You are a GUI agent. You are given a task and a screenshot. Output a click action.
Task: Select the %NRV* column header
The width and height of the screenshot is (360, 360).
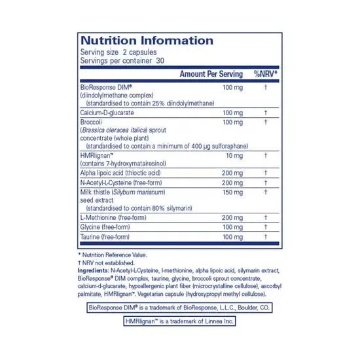(266, 74)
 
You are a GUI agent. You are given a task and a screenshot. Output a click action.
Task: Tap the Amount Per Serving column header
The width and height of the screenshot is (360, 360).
(211, 74)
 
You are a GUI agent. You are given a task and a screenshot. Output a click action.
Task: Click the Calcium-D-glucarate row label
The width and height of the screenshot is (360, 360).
(108, 113)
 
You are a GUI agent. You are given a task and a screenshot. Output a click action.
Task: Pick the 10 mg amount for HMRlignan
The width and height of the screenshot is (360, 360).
(233, 156)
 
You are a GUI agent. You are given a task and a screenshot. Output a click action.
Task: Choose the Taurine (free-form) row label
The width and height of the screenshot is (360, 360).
(104, 236)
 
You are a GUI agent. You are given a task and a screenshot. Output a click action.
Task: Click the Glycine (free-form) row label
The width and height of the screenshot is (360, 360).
(104, 226)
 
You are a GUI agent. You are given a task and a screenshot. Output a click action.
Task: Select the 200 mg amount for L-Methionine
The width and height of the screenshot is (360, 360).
(232, 217)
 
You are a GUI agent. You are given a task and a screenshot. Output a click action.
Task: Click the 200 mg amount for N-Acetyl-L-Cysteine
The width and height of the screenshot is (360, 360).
(232, 182)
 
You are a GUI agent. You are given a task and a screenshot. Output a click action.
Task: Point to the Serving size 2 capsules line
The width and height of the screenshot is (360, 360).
(118, 52)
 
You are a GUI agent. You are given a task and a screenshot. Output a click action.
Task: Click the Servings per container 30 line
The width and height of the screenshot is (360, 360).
(122, 60)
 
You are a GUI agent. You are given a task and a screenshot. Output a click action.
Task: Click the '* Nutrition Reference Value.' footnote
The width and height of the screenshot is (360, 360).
(113, 254)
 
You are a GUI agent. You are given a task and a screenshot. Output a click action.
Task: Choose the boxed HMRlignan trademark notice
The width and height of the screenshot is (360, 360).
(179, 321)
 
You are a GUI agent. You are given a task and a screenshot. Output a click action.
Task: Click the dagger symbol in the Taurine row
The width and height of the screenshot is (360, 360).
(266, 236)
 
